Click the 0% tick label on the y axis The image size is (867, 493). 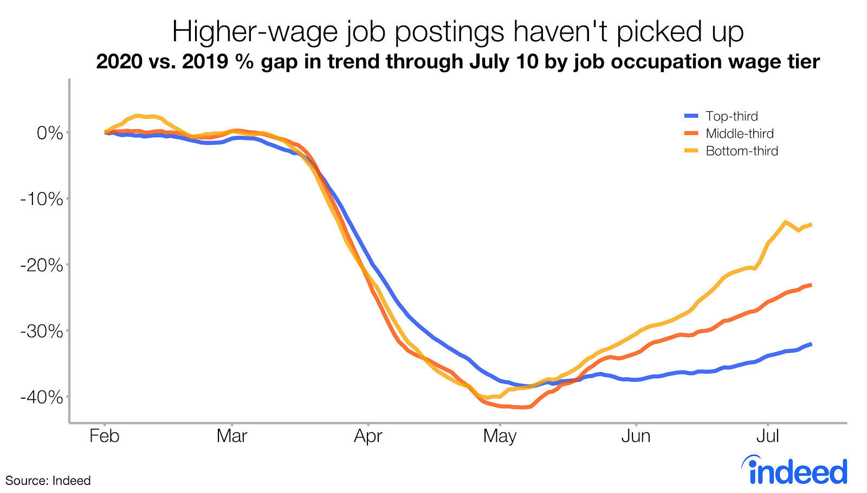50,133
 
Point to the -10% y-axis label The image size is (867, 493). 42,199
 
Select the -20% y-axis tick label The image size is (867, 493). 42,265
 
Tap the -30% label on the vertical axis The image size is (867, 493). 42,331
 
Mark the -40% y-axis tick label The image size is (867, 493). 42,398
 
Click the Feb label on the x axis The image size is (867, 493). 104,436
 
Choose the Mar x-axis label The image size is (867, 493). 232,436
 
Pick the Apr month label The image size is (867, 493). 368,436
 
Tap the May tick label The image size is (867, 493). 500,436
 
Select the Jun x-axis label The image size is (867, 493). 636,436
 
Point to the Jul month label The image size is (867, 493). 767,436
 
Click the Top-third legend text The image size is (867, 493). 732,116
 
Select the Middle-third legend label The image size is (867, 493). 739,133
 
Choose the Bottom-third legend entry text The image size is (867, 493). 742,151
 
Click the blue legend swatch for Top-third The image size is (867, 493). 691,116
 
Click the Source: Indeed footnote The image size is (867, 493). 48,481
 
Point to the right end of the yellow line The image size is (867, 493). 811,225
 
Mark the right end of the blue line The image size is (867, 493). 811,344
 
